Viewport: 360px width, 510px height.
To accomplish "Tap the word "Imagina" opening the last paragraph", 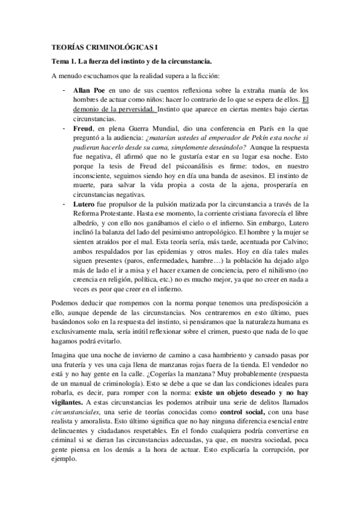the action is (66, 352).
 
